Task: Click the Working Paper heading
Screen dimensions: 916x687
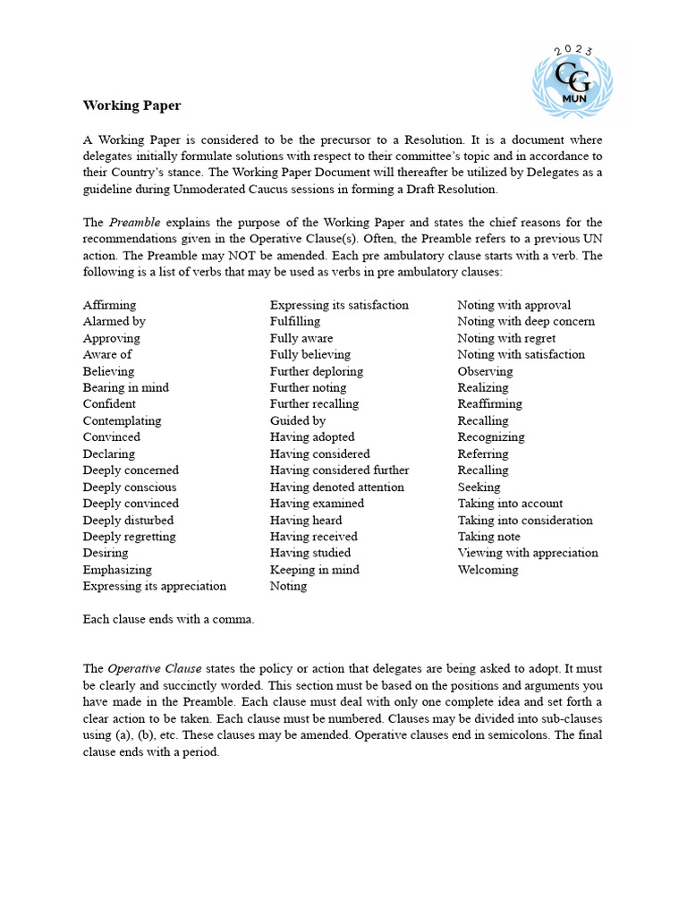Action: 131,106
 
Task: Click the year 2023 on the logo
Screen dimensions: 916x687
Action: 573,50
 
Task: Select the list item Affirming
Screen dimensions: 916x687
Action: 109,305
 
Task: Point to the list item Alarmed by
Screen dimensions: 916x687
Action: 114,321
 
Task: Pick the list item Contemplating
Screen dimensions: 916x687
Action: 122,420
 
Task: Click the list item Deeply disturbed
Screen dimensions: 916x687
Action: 128,520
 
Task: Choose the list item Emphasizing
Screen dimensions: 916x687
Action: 117,570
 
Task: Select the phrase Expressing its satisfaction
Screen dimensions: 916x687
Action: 339,305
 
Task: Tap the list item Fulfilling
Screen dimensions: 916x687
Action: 294,321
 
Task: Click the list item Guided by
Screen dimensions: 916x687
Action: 297,420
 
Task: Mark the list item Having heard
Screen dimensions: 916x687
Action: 306,520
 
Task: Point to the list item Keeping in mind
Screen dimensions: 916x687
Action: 314,570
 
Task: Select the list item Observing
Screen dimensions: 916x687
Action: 485,371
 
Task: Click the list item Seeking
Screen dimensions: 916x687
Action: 479,487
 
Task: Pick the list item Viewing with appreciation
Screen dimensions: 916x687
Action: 528,553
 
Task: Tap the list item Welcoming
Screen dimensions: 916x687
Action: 488,570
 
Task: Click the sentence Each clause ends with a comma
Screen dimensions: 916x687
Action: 168,619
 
